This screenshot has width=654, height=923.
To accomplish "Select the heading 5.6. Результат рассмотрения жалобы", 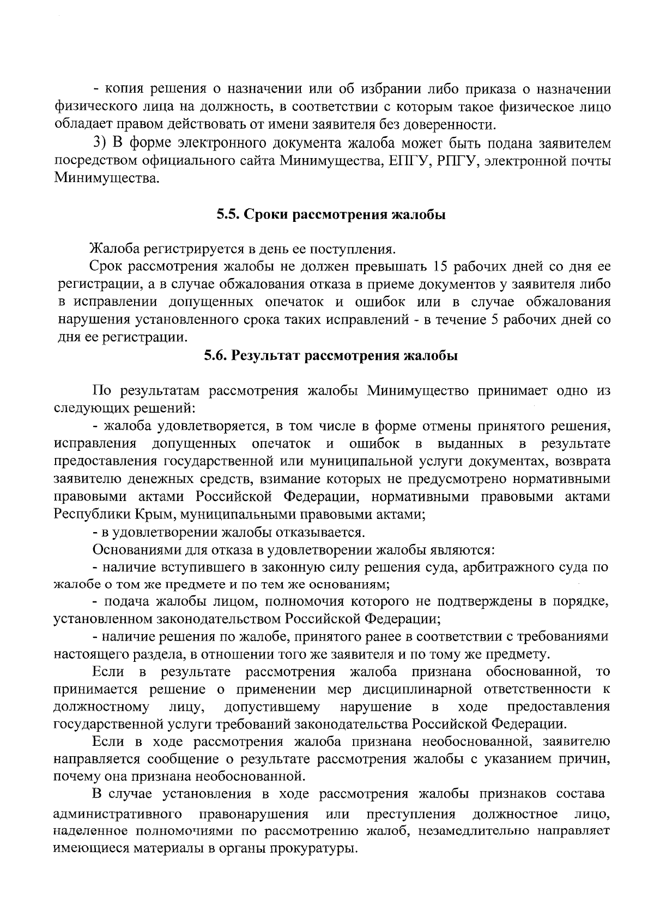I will click(x=331, y=356).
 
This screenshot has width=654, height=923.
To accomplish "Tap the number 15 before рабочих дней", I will click(x=440, y=267).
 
